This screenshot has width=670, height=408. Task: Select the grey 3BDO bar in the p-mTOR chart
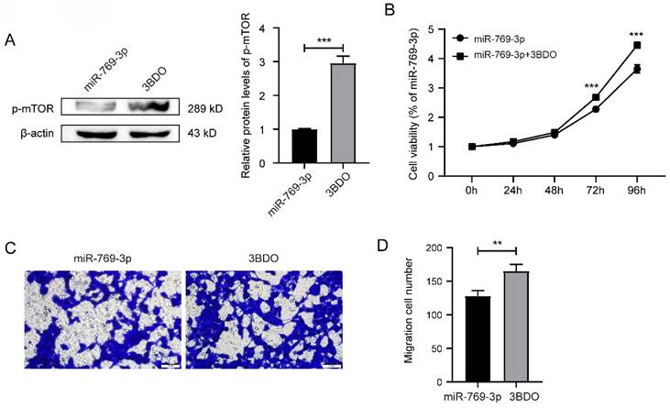pos(342,113)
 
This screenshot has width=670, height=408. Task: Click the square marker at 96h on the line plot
pos(636,45)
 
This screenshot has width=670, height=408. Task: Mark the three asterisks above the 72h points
pos(595,86)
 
